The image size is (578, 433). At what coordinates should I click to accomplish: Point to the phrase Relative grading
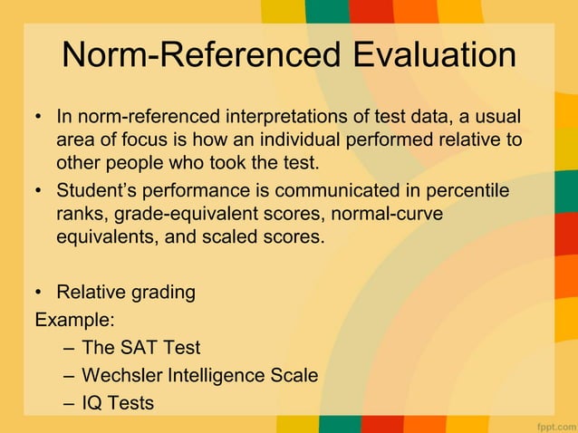(126, 293)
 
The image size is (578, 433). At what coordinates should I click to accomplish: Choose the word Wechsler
(120, 375)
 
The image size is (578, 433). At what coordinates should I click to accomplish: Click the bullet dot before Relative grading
(40, 293)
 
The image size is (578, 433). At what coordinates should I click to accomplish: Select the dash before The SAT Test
(70, 347)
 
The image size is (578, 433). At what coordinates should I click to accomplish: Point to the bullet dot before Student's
(40, 192)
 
